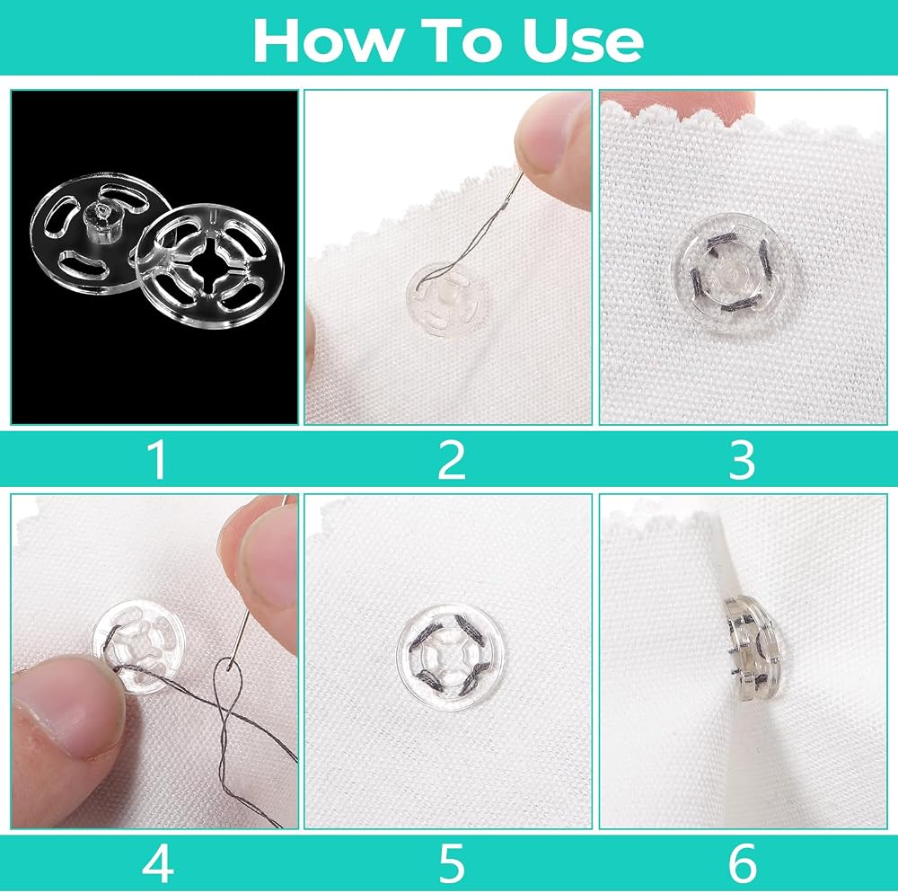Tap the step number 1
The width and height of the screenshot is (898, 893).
(x=157, y=460)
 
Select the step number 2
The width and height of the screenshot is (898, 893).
(x=452, y=460)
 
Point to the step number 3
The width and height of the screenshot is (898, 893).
(x=743, y=460)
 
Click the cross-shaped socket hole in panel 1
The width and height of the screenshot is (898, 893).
(x=211, y=265)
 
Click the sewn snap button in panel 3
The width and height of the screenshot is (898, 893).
(x=728, y=272)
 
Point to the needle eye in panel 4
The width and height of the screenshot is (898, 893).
(x=230, y=665)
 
